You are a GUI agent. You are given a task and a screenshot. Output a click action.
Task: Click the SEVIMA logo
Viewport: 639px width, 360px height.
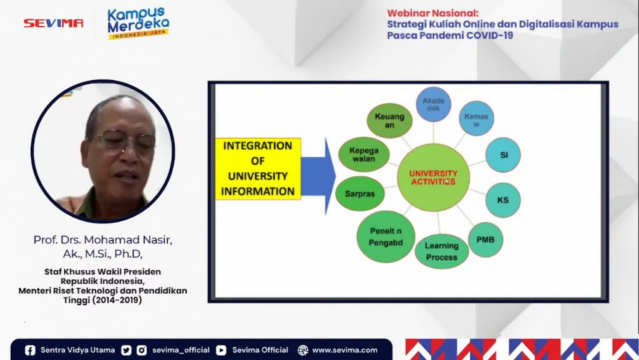click(x=54, y=23)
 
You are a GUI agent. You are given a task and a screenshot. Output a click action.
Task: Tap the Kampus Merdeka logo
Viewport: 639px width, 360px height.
click(x=139, y=23)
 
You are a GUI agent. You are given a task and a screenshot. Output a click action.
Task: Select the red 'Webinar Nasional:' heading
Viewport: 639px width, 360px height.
click(x=433, y=13)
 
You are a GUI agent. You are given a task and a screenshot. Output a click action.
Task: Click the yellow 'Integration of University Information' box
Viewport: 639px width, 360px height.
click(x=258, y=168)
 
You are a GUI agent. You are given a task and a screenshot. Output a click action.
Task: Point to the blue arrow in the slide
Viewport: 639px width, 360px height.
click(x=318, y=176)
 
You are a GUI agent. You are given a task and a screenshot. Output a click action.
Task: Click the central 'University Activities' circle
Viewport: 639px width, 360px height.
click(x=433, y=177)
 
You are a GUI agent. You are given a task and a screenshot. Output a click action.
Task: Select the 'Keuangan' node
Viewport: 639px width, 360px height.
click(x=389, y=120)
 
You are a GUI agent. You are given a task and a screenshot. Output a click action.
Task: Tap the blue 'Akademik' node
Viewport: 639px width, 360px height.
click(x=433, y=104)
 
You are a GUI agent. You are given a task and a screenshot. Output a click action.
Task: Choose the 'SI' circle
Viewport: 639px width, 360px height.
click(x=503, y=155)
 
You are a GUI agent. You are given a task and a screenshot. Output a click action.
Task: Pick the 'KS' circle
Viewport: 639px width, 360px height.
click(x=503, y=200)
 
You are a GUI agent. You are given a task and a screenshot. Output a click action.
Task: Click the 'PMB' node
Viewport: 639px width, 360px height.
click(x=485, y=240)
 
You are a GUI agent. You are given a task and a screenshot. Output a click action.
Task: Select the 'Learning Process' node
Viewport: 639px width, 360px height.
click(x=442, y=251)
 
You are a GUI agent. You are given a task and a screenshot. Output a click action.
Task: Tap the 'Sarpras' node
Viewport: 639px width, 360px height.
click(x=360, y=193)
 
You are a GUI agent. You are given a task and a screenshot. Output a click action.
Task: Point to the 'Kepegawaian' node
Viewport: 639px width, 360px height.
click(x=364, y=154)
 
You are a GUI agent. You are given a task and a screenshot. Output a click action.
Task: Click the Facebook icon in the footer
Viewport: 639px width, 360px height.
click(x=30, y=350)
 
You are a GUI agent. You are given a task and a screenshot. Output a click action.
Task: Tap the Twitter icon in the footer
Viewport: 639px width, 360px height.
click(x=126, y=350)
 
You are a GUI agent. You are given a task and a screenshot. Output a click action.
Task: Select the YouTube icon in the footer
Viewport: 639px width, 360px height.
click(x=222, y=350)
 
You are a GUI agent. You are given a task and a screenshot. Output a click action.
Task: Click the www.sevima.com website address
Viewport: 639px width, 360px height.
click(x=344, y=350)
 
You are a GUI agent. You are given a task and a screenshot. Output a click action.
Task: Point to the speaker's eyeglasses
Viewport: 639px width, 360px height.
click(x=123, y=140)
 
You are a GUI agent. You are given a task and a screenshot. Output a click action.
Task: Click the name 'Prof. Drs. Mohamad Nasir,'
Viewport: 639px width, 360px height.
click(x=103, y=240)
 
